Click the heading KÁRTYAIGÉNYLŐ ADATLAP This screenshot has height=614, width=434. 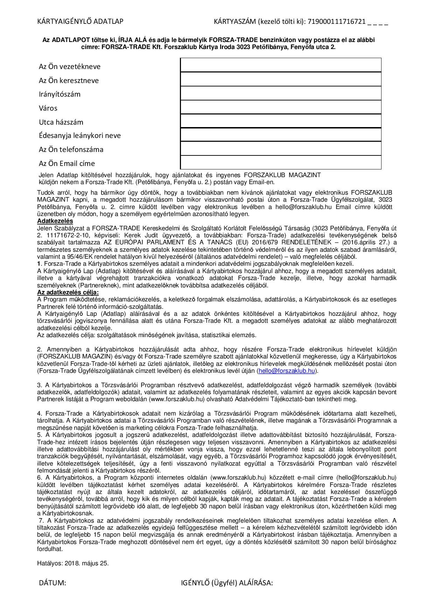(80, 22)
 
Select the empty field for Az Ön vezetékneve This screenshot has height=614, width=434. (280, 65)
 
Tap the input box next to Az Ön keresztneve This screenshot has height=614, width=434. (280, 79)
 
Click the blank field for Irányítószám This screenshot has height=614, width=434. (280, 93)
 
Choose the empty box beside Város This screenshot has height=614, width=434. (280, 107)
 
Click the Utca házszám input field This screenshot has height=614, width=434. (280, 121)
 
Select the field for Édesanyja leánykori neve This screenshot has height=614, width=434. (280, 135)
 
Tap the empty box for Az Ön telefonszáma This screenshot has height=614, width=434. (280, 148)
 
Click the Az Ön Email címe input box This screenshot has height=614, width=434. (280, 162)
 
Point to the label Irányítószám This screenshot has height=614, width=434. (59, 94)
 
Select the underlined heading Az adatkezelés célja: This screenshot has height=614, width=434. (68, 292)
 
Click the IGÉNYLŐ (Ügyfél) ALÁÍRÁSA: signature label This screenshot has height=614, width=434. (227, 583)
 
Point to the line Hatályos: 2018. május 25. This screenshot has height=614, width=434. (73, 563)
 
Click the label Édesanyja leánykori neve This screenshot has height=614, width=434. (79, 135)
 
